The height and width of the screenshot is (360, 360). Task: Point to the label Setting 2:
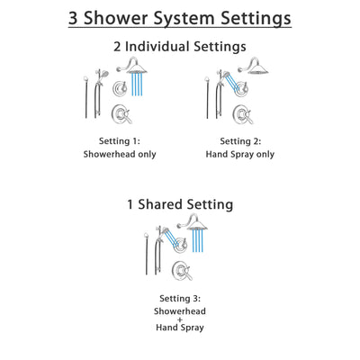click(x=239, y=141)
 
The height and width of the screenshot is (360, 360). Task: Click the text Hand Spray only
click(x=239, y=154)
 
